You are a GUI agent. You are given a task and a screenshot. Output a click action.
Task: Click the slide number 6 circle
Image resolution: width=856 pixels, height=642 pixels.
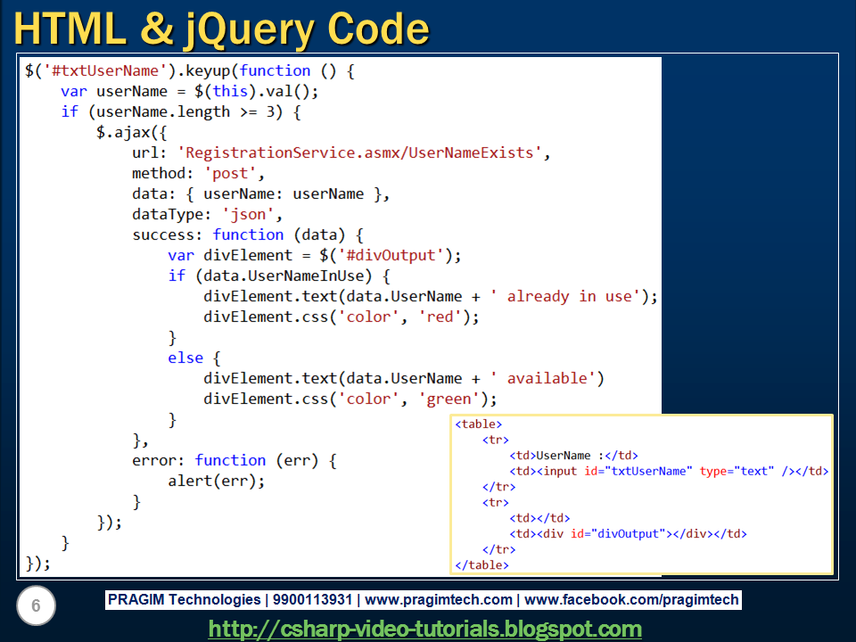click(36, 607)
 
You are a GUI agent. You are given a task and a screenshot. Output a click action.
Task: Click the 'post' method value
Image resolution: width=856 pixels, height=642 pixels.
click(235, 173)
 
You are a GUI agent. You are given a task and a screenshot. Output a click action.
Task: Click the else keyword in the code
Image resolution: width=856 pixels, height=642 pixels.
click(185, 358)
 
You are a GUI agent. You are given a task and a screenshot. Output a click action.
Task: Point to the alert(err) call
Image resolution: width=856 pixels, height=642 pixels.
click(216, 481)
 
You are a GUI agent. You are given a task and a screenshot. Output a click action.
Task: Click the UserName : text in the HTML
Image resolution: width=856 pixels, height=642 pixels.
click(567, 456)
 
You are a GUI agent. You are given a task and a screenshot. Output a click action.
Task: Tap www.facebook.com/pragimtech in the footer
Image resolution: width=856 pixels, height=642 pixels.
click(634, 600)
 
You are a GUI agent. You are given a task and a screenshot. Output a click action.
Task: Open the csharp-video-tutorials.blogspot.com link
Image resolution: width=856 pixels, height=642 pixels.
click(425, 629)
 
